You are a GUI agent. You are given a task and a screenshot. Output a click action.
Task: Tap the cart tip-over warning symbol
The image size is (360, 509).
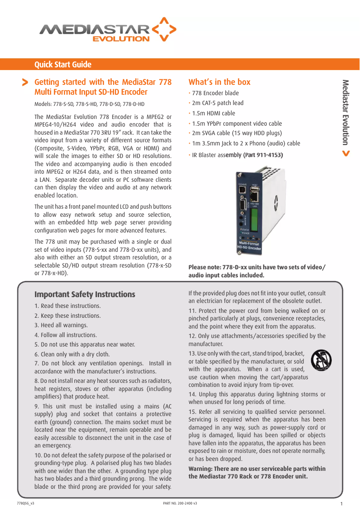[x=321, y=360]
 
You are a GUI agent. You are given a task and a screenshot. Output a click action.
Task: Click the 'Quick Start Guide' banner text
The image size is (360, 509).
[x=63, y=65]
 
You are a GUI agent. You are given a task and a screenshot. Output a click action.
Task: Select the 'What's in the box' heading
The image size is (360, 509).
[x=220, y=82]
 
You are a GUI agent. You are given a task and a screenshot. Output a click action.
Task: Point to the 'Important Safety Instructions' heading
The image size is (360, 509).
[x=85, y=294]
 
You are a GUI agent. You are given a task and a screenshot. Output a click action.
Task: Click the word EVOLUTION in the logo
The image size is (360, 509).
[x=121, y=39]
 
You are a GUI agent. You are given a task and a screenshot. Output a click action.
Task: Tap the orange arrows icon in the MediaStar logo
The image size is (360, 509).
[x=164, y=29]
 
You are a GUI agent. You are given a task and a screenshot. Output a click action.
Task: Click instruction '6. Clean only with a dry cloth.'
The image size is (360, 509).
[x=72, y=354]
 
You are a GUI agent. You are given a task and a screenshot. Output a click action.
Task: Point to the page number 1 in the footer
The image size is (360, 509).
[x=342, y=504]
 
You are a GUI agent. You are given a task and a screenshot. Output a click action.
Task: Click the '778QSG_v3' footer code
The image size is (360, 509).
[x=25, y=503]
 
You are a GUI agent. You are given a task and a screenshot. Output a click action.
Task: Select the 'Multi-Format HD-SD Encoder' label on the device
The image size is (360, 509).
[x=249, y=246]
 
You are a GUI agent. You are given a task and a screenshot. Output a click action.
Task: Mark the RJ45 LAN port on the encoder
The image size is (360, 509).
[x=255, y=195]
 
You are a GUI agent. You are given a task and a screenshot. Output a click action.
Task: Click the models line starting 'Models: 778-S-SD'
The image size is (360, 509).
[x=89, y=105]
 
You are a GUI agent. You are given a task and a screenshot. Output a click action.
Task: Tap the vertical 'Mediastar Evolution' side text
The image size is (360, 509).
[x=345, y=112]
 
